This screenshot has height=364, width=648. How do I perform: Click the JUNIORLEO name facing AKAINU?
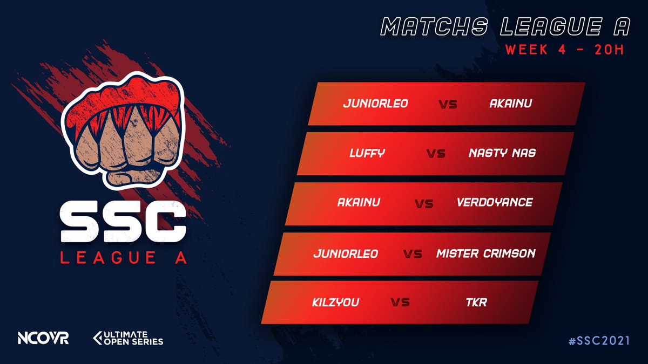coord(375,103)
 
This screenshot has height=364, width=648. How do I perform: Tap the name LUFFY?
coord(367,153)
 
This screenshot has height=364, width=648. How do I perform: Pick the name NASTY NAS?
coord(502,153)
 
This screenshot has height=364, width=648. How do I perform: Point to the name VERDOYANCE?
coord(495,203)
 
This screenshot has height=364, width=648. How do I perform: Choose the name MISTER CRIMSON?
coord(485,253)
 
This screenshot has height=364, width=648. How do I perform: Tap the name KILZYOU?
coord(335,303)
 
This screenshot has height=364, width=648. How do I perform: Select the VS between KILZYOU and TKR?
coord(400,303)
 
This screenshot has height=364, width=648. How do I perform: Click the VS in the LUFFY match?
coord(435,154)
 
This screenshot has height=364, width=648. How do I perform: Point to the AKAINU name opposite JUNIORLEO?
coord(510,103)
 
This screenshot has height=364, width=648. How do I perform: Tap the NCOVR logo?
coord(43,339)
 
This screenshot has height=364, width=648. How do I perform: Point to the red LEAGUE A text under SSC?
coord(124,258)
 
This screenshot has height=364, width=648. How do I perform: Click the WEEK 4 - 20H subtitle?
coord(564,50)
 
